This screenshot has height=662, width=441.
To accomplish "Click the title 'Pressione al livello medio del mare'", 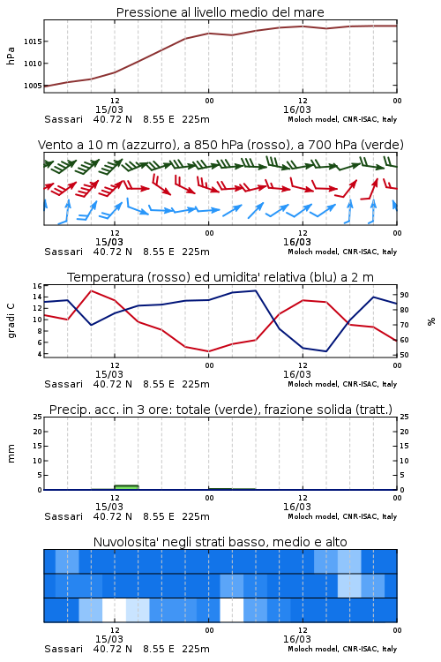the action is (220, 12).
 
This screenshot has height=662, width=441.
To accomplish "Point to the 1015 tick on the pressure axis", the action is (33, 41).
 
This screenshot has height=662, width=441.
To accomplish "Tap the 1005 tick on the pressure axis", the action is (33, 86).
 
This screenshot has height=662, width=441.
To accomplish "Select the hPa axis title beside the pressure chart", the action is (11, 56).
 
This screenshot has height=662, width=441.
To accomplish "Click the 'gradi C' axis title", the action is (11, 320).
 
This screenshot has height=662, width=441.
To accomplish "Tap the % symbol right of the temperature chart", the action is (431, 321).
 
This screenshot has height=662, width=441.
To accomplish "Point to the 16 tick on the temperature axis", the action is (38, 286).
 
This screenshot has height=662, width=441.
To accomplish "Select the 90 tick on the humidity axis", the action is (404, 295).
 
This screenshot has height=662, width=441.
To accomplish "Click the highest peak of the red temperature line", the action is (91, 291).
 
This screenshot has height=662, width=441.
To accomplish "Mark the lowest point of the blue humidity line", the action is (325, 351).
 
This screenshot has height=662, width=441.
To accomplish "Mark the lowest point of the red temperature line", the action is (208, 351).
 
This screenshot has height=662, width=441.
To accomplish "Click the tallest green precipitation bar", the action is (127, 487).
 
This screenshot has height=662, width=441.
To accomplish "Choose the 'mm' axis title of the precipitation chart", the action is (11, 454).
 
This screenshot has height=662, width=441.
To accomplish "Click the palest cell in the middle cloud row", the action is (349, 585).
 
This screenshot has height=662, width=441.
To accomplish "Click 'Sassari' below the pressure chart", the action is (64, 119).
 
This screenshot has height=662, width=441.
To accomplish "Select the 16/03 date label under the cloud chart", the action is (297, 639).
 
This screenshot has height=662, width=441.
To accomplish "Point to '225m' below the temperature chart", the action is (196, 384).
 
